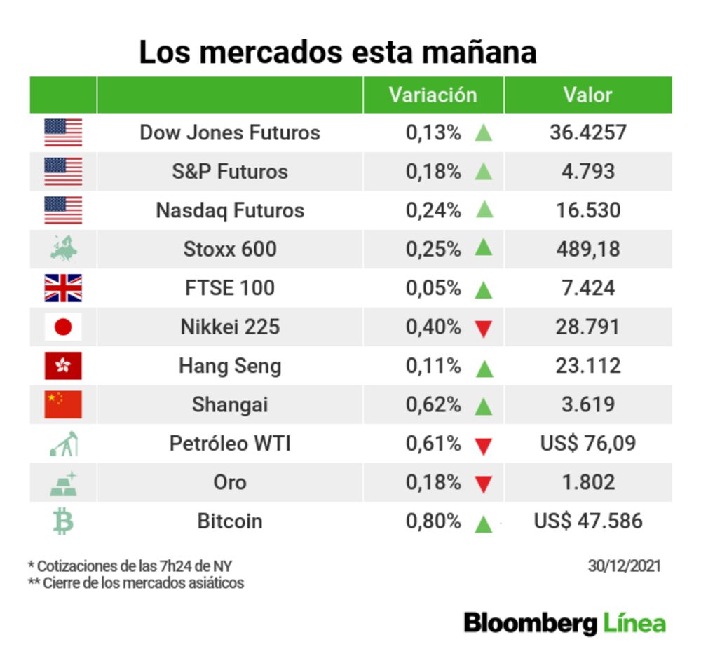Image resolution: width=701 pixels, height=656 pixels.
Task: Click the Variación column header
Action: [x=433, y=95]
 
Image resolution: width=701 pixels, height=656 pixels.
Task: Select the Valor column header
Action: [x=587, y=95]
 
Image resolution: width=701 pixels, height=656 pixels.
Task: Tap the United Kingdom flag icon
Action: [x=63, y=288]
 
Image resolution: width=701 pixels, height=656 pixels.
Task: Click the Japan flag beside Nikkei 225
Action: [x=63, y=327]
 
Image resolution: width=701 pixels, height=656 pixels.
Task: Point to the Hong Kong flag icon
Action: [x=63, y=366]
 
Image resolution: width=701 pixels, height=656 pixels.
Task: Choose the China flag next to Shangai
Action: [x=63, y=404]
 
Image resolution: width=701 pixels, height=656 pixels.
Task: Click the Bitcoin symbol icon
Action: [x=63, y=521]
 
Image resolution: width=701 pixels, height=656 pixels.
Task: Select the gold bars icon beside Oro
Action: [x=63, y=483]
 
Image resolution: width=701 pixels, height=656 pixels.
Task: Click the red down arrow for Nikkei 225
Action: [x=483, y=328]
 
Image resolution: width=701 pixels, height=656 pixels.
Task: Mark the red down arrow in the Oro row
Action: [x=483, y=484]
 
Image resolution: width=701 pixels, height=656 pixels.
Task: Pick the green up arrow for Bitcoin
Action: [x=483, y=523]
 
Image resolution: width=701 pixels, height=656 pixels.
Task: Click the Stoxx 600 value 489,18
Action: [x=587, y=249]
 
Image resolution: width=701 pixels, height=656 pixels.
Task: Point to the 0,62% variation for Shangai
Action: [x=433, y=404]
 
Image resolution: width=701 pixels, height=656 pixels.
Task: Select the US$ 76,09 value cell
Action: [x=587, y=444]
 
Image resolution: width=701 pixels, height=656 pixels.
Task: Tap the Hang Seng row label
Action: [x=230, y=366]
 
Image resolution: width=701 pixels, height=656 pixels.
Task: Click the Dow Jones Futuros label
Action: [x=230, y=132]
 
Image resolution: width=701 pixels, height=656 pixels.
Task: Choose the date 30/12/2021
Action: [x=624, y=566]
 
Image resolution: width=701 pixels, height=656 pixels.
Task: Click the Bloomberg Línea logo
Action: [x=564, y=622]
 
